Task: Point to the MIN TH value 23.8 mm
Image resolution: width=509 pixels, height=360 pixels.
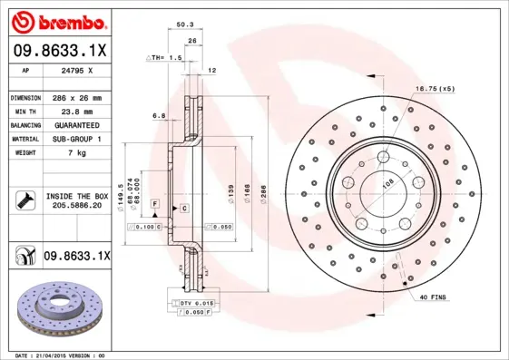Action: (73, 111)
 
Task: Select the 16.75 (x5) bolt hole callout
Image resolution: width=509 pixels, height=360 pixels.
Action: (435, 89)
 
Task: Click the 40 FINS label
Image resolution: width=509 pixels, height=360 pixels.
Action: (433, 297)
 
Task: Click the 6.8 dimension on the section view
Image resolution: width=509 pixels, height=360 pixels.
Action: (159, 116)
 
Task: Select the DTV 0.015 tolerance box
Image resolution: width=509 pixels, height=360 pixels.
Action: (197, 302)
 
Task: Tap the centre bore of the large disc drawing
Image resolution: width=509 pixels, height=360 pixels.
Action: (380, 192)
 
